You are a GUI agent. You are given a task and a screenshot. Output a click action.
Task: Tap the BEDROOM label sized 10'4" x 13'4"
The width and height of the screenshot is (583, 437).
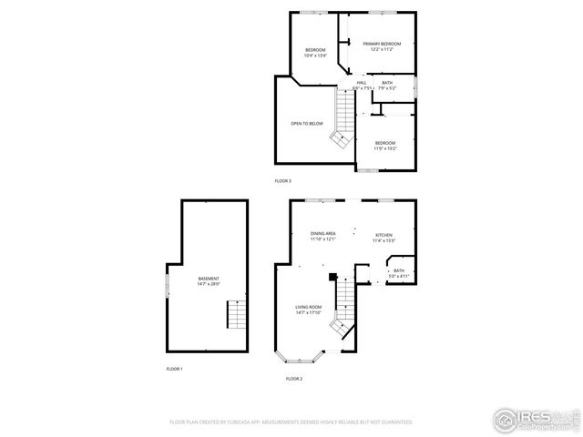[x=315, y=52]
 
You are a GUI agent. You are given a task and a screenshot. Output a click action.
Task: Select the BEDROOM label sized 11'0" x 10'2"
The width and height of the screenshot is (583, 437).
[x=385, y=145]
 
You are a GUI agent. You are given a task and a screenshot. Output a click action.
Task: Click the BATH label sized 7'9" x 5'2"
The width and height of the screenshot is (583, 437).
[x=387, y=86]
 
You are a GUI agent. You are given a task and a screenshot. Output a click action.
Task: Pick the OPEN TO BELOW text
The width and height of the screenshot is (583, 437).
[x=307, y=124]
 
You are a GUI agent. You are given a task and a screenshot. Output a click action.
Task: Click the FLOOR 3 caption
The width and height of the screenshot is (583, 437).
[x=283, y=181]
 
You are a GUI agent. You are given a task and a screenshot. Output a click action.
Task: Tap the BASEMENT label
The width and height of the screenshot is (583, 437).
[x=209, y=280]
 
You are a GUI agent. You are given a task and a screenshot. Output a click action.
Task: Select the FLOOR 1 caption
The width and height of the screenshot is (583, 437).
[x=174, y=369]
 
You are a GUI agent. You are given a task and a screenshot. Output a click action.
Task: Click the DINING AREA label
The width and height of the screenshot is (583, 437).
[x=323, y=237]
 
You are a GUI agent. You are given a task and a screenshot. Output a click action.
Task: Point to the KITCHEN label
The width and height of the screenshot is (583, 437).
[x=384, y=238]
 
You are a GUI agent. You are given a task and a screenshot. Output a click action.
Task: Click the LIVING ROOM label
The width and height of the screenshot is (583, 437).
[x=308, y=310]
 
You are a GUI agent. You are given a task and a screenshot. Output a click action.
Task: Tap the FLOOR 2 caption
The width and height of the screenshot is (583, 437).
[x=293, y=378]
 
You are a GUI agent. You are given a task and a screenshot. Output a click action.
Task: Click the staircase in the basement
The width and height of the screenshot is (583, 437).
[x=236, y=316]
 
